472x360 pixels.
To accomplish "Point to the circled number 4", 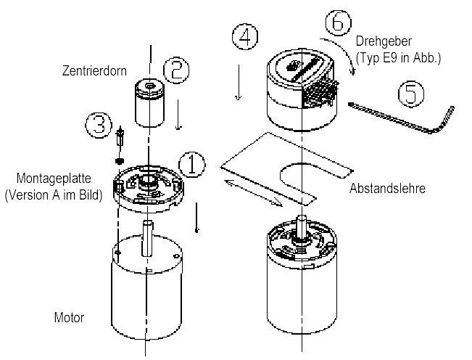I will (247, 37).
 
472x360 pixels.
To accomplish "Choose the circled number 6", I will (338, 22).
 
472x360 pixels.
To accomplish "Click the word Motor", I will (69, 318).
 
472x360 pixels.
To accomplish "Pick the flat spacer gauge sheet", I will (283, 167).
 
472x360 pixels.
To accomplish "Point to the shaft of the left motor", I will (147, 240).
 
